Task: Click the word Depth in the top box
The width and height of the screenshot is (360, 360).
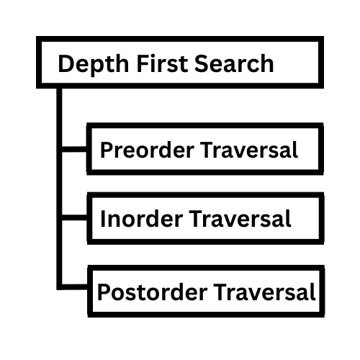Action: pyautogui.click(x=94, y=63)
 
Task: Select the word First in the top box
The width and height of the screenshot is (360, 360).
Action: pyautogui.click(x=162, y=63)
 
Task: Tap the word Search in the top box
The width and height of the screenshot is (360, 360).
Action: pyautogui.click(x=234, y=63)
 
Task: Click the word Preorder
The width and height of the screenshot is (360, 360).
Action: pyautogui.click(x=147, y=150)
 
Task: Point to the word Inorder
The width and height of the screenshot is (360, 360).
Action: pyautogui.click(x=142, y=219)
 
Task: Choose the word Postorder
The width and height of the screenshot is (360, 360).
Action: pyautogui.click(x=153, y=292)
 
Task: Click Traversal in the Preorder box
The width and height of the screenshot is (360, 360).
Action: pyautogui.click(x=249, y=150)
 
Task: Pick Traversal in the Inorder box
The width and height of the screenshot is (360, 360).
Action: pyautogui.click(x=240, y=219)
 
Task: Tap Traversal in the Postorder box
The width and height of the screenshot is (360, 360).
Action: pyautogui.click(x=264, y=292)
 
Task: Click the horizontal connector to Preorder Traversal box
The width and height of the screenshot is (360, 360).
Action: pyautogui.click(x=74, y=149)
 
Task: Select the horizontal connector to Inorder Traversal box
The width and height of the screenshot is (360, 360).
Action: pyautogui.click(x=74, y=217)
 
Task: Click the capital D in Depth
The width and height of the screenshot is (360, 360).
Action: pyautogui.click(x=66, y=63)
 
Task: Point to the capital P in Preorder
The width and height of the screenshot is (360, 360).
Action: pyautogui.click(x=106, y=150)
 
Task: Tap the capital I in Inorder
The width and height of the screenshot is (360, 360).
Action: pyautogui.click(x=103, y=219)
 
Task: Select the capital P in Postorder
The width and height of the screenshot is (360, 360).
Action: pyautogui.click(x=103, y=292)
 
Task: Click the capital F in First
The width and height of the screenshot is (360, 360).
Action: pyautogui.click(x=142, y=63)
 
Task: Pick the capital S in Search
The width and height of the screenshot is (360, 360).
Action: pyautogui.click(x=201, y=63)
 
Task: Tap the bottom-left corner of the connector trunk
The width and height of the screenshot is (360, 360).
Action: pyautogui.click(x=57, y=289)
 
